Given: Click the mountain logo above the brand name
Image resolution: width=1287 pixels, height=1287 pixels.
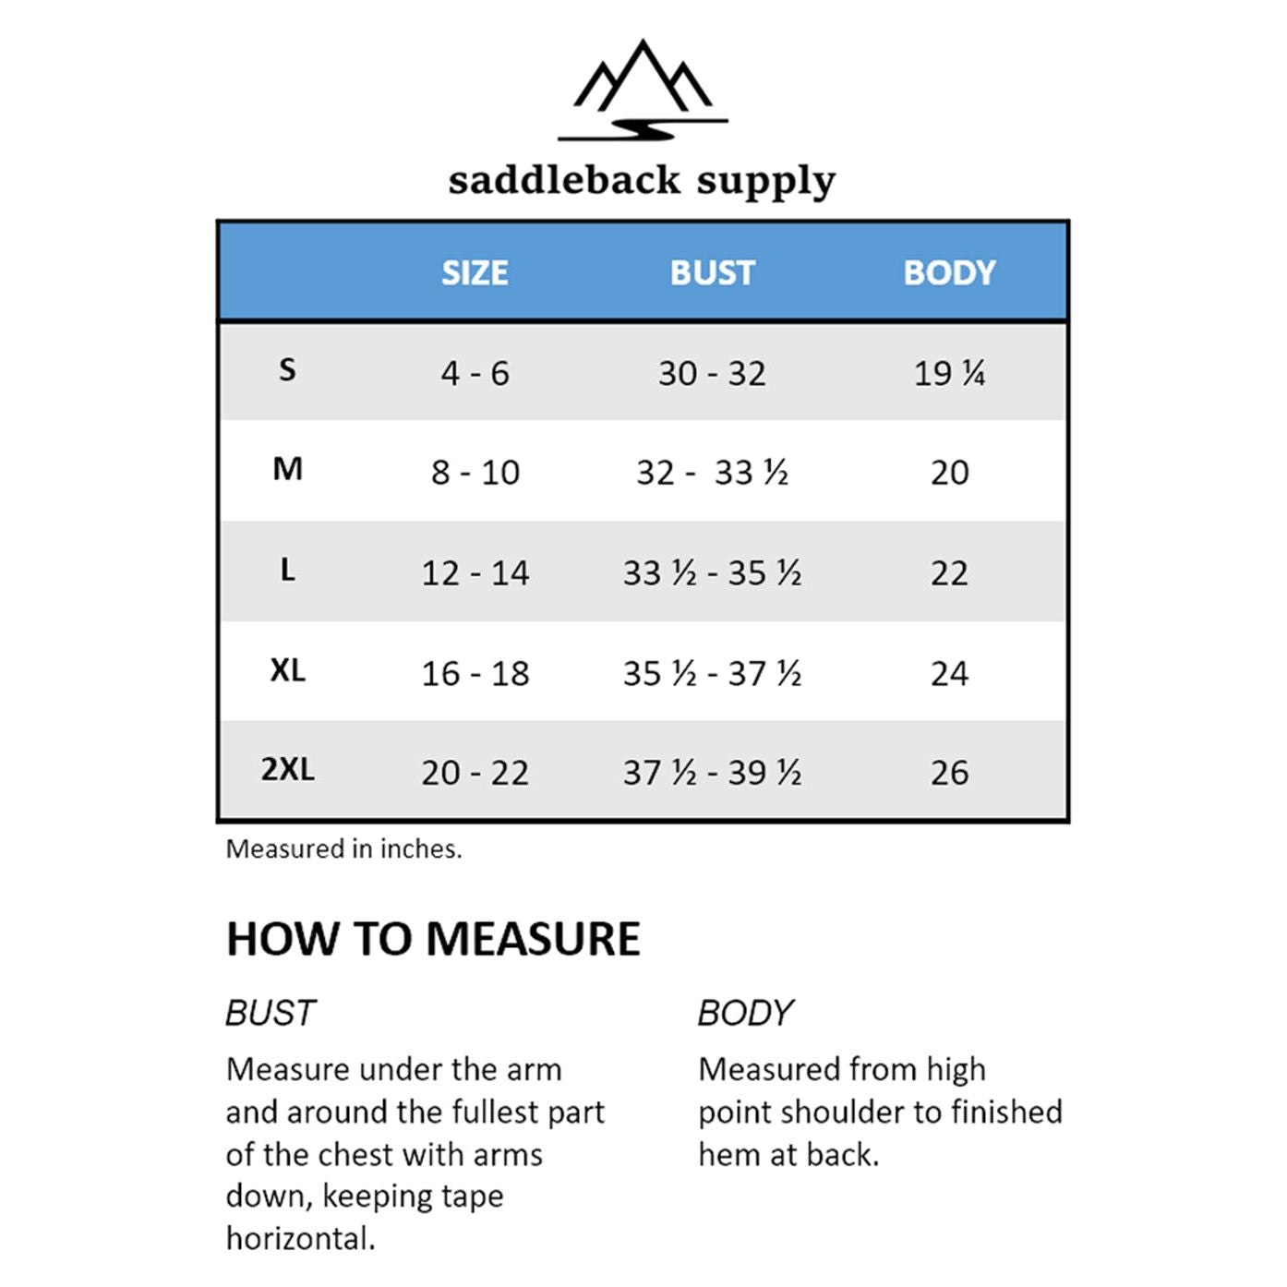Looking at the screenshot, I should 643,90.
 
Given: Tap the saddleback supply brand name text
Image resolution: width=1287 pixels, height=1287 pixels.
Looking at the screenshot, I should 642,179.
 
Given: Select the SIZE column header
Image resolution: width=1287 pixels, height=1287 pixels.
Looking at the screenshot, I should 475,272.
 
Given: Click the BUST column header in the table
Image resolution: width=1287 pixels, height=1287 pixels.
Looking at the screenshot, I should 712,272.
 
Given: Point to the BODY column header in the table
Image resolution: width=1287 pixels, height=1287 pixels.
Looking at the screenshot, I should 949,272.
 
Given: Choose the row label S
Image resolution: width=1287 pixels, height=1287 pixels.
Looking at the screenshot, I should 287,370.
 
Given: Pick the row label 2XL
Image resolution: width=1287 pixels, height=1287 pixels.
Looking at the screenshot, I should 287,769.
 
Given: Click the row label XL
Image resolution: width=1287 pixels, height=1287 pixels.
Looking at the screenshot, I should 287,669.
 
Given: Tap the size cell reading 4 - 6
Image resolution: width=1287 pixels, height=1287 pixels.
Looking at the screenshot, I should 475,373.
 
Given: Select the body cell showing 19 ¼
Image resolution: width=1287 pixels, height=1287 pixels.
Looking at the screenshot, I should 949,373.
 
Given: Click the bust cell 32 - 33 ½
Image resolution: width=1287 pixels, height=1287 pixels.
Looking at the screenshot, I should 712,473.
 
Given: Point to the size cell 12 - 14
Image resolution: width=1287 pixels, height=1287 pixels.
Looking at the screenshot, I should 475,573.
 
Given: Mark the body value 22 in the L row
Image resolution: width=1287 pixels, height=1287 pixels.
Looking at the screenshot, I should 949,573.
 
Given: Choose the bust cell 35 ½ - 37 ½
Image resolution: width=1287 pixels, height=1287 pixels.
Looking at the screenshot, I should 712,673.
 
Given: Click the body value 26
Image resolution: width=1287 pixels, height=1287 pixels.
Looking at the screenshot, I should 949,773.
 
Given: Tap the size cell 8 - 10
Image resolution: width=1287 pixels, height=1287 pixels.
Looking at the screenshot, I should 475,473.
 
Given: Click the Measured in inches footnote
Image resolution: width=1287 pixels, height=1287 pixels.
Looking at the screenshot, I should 343,848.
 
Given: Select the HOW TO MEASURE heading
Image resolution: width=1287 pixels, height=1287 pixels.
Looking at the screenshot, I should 433,939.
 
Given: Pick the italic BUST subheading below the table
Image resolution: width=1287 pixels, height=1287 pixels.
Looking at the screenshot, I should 271,1013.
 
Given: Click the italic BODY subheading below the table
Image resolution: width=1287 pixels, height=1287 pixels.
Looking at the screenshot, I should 745,1013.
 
